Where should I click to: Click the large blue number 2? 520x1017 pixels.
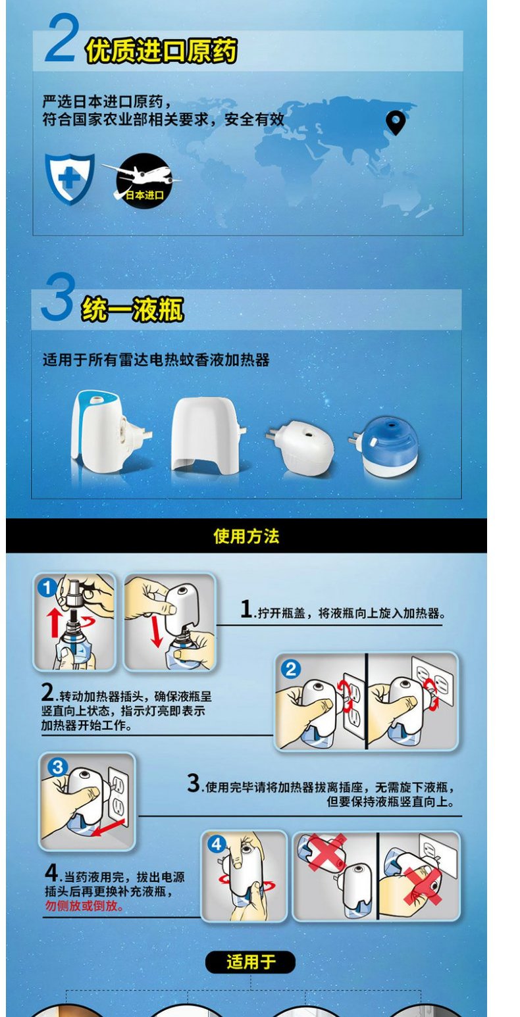click(61, 37)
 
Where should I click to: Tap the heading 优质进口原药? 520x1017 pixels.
click(161, 51)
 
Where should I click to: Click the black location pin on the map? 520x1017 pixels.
click(396, 122)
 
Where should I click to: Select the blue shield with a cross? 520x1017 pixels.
click(70, 178)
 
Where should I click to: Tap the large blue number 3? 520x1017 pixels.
click(58, 297)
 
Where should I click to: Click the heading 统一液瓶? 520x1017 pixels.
click(132, 310)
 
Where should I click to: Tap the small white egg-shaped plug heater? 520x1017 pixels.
click(301, 447)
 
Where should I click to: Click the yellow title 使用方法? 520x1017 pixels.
click(247, 536)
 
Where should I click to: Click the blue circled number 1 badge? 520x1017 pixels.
click(47, 588)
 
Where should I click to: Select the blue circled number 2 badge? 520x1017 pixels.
click(291, 669)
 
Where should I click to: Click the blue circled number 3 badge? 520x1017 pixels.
click(58, 767)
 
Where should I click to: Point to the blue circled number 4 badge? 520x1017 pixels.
click(216, 845)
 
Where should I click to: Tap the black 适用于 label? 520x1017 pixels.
click(250, 962)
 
